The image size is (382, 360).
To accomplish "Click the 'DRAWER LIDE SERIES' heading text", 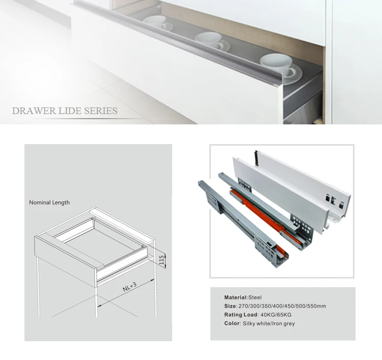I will tap(65, 111).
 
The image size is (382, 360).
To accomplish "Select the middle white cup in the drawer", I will tap(209, 39).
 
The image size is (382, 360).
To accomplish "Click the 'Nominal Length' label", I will tap(49, 203).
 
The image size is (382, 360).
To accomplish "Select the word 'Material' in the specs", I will tap(235, 297).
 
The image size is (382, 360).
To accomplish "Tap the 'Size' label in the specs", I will tap(230, 306).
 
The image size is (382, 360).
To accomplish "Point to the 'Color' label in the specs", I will tap(232, 323).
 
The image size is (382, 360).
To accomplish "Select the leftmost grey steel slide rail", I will tap(239, 219).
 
